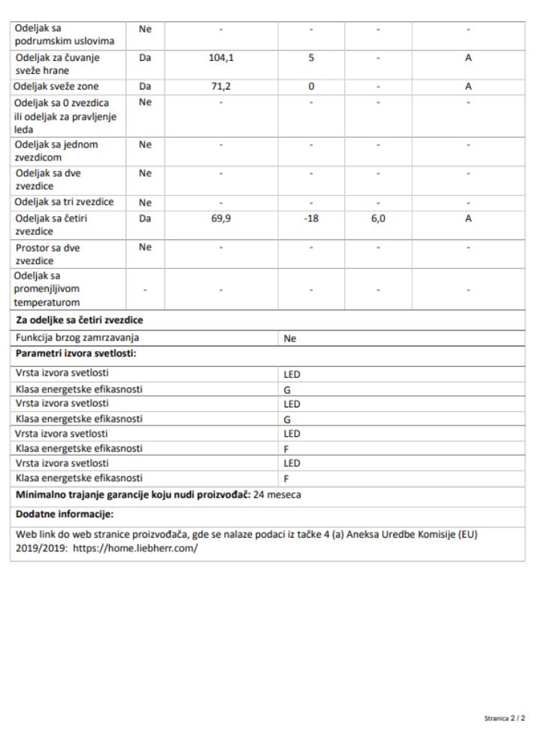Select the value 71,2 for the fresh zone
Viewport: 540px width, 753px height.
[x=220, y=87]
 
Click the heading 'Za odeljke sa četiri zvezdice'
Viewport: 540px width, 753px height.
[x=79, y=321]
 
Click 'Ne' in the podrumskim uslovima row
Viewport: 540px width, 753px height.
[x=145, y=28]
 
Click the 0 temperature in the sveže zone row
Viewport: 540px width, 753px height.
[x=311, y=87]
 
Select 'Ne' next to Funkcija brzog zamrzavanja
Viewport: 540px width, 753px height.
[x=290, y=339]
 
